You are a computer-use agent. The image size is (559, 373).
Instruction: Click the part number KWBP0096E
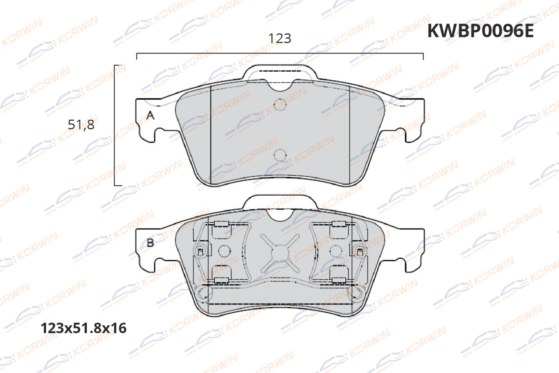click(480, 31)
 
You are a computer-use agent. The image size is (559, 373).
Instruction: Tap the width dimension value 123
click(280, 39)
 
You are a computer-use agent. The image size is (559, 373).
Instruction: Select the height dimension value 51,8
click(81, 125)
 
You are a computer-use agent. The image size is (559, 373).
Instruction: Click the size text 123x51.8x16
click(83, 328)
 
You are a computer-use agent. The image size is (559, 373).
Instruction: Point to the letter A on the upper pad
click(150, 115)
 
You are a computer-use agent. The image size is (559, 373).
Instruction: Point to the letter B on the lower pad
click(150, 243)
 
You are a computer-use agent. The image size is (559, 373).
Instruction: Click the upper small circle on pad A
click(280, 105)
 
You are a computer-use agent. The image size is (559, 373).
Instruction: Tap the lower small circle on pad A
click(280, 155)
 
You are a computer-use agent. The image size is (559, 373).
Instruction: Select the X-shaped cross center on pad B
click(280, 253)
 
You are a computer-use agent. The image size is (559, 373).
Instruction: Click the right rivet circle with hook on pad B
click(360, 251)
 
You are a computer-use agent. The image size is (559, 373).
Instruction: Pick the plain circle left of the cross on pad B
click(224, 251)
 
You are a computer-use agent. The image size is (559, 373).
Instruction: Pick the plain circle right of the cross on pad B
click(336, 251)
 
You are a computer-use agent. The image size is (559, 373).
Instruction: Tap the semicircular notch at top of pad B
click(280, 215)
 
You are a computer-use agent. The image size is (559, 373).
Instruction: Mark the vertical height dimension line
click(115, 125)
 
